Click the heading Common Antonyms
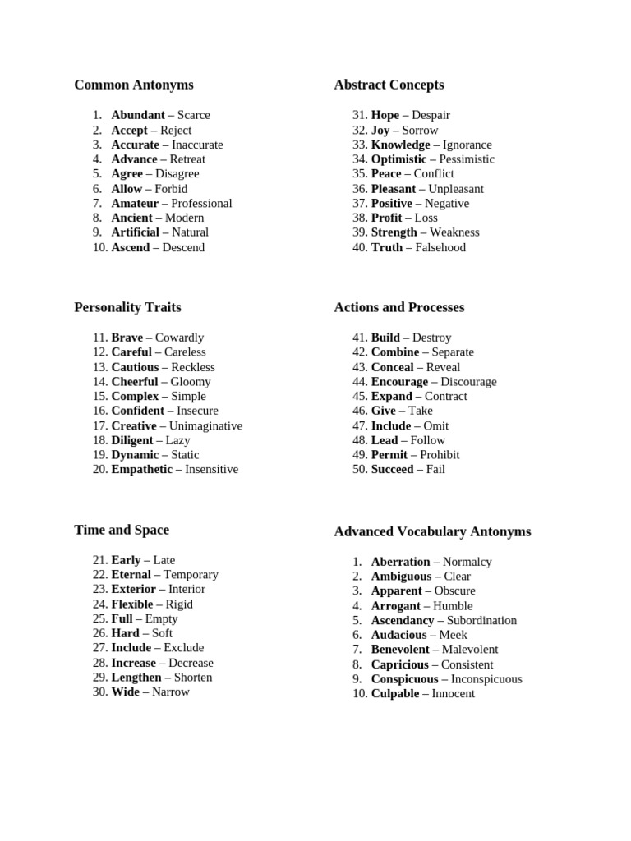click(x=134, y=85)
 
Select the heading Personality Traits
click(x=127, y=307)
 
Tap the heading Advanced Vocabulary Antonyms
click(x=432, y=531)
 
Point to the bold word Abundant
click(x=138, y=115)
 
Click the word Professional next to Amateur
click(x=201, y=203)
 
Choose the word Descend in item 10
click(x=183, y=247)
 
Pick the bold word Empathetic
click(x=142, y=469)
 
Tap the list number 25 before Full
click(x=99, y=618)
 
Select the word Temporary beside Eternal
click(x=191, y=575)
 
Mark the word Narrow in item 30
click(x=171, y=692)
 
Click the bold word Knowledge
click(x=400, y=145)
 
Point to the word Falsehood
click(x=440, y=247)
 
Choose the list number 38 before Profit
click(x=359, y=218)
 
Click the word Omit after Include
click(x=436, y=425)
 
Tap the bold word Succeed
click(x=392, y=469)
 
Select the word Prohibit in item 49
click(x=440, y=454)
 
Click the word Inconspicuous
click(x=486, y=679)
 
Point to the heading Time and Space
click(x=122, y=530)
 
